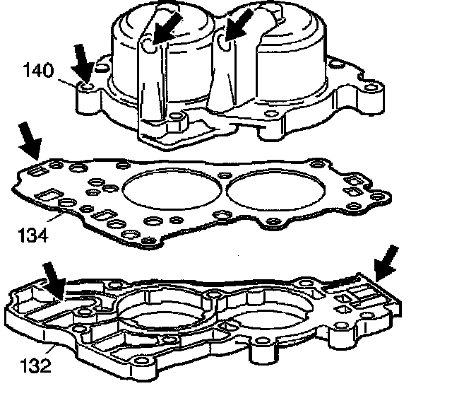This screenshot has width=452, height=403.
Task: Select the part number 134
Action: click(33, 234)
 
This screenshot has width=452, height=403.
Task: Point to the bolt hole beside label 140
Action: click(87, 88)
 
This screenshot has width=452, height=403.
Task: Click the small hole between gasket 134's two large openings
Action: click(222, 175)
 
